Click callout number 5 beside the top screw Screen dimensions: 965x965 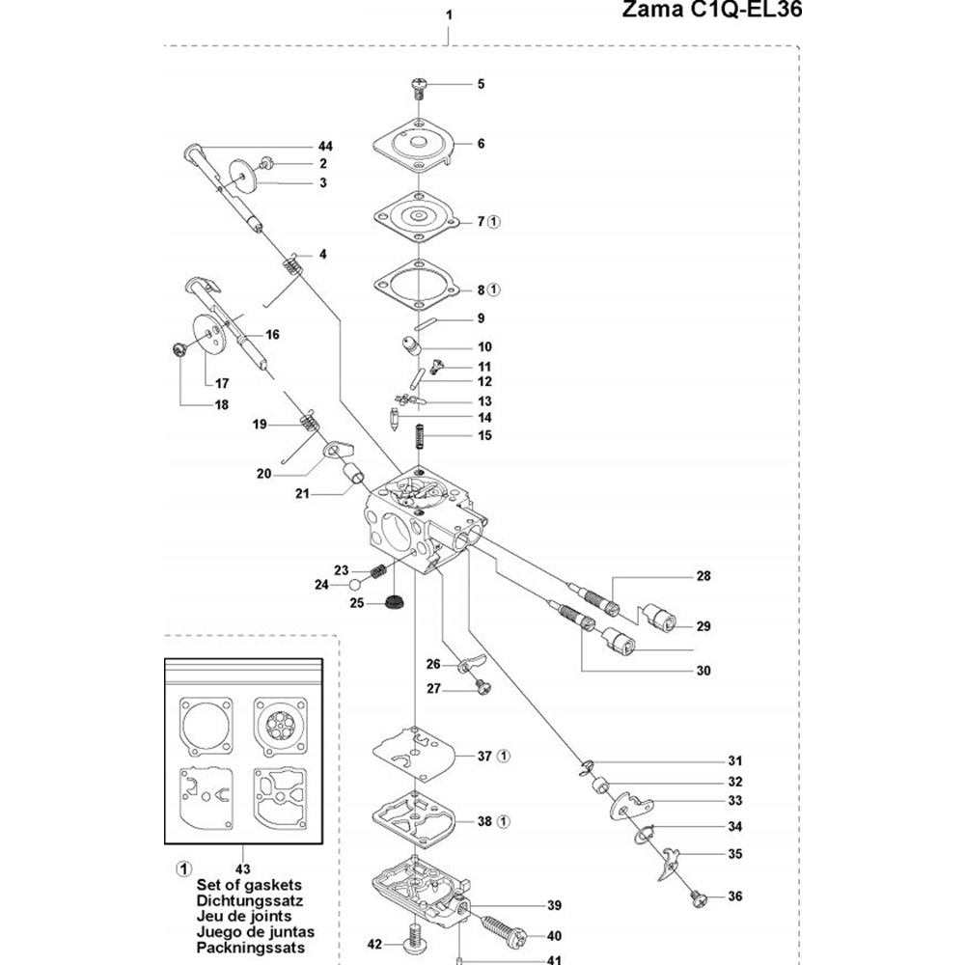(481, 84)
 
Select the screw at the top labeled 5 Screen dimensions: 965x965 (420, 87)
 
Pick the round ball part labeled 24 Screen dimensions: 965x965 (357, 585)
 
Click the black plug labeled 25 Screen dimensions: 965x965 (393, 605)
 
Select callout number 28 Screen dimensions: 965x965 (703, 577)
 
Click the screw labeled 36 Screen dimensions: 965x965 (697, 897)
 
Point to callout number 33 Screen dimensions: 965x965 (735, 801)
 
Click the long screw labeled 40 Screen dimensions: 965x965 (500, 933)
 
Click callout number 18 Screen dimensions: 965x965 (221, 404)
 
